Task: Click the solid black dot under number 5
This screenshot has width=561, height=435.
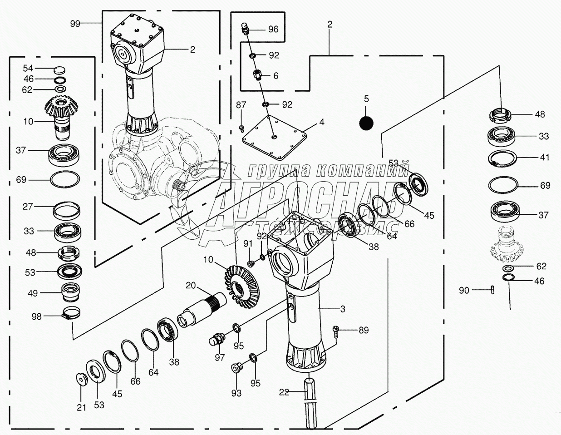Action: pyautogui.click(x=366, y=122)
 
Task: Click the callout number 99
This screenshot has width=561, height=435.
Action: pyautogui.click(x=75, y=24)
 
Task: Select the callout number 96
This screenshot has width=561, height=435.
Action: pyautogui.click(x=273, y=29)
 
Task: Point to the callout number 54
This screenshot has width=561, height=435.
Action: pyautogui.click(x=28, y=68)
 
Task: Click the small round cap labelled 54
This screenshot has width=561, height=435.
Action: pyautogui.click(x=59, y=69)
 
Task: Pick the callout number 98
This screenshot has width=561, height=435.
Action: pyautogui.click(x=36, y=316)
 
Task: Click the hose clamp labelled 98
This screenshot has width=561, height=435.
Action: pyautogui.click(x=71, y=313)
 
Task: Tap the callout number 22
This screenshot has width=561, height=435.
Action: pyautogui.click(x=284, y=392)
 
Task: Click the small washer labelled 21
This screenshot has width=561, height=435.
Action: pyautogui.click(x=81, y=378)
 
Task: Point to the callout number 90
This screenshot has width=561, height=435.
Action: pyautogui.click(x=464, y=290)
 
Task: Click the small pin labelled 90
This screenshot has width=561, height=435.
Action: pyautogui.click(x=493, y=290)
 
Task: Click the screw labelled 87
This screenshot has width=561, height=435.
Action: pyautogui.click(x=242, y=128)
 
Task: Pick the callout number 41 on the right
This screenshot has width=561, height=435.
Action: pyautogui.click(x=545, y=157)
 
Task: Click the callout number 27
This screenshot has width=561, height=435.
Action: pyautogui.click(x=28, y=207)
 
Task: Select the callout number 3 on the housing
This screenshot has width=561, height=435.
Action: pyautogui.click(x=342, y=309)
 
